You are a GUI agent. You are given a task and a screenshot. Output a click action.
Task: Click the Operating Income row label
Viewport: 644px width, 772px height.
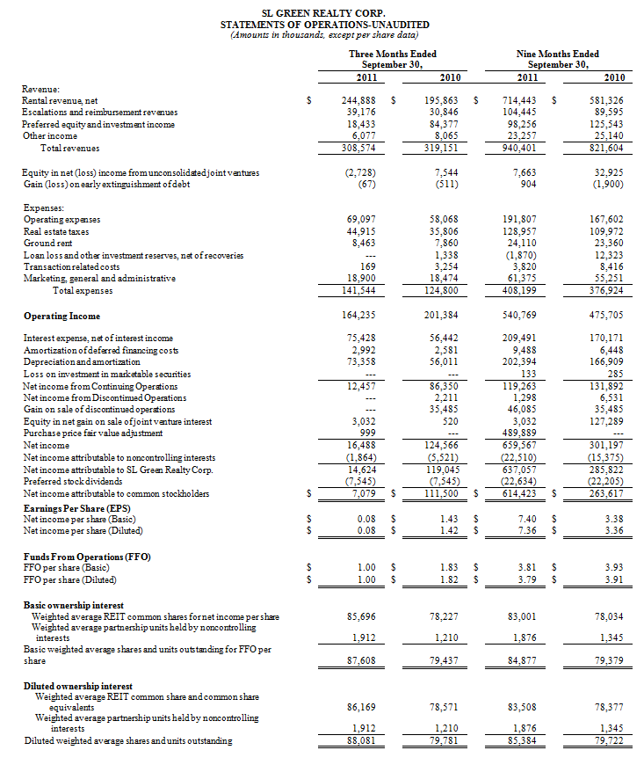[x=62, y=317]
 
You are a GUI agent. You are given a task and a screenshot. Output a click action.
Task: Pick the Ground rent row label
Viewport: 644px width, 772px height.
[x=47, y=242]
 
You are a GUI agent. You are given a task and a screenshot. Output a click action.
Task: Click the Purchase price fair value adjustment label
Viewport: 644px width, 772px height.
[x=92, y=433]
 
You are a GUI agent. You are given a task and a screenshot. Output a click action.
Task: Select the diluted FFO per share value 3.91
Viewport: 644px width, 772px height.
[x=612, y=581]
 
